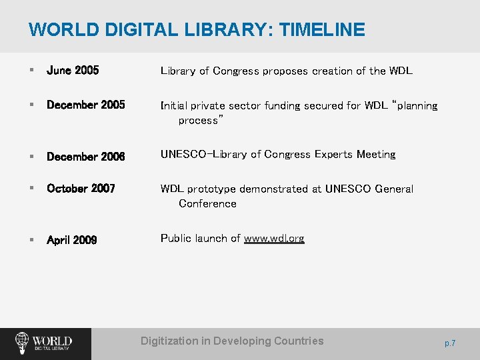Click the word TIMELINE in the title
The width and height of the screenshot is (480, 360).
[322, 30]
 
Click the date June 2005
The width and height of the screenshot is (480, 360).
[73, 71]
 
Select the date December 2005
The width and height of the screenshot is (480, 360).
[85, 105]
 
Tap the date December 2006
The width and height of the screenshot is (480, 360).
[85, 157]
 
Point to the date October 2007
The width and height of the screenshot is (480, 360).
[81, 189]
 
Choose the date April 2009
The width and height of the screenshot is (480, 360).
[71, 240]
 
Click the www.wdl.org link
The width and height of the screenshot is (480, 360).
[274, 239]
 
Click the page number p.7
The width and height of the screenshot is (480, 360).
[450, 343]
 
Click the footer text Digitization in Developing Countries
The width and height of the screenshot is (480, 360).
[232, 341]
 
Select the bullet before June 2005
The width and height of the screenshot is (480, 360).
[31, 71]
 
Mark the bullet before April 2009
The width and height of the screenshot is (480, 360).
[31, 240]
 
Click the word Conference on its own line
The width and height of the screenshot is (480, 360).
[207, 204]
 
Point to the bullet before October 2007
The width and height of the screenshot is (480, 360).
[31, 189]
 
